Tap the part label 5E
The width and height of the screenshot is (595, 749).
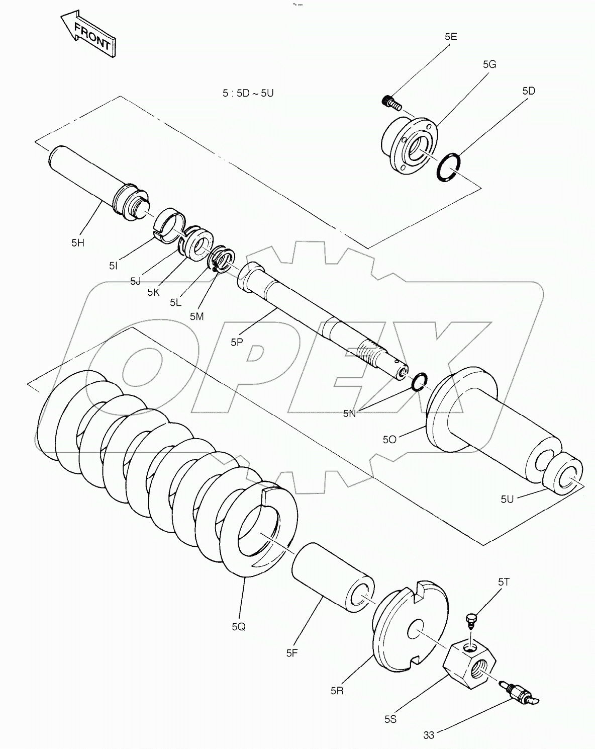[450, 37]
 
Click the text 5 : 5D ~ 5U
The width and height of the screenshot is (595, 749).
[248, 93]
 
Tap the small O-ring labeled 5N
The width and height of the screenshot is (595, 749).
[419, 382]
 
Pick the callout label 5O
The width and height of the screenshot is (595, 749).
[389, 439]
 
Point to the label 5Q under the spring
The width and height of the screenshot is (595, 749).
[239, 627]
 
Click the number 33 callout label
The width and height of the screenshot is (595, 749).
[428, 735]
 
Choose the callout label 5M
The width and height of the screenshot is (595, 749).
[196, 315]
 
